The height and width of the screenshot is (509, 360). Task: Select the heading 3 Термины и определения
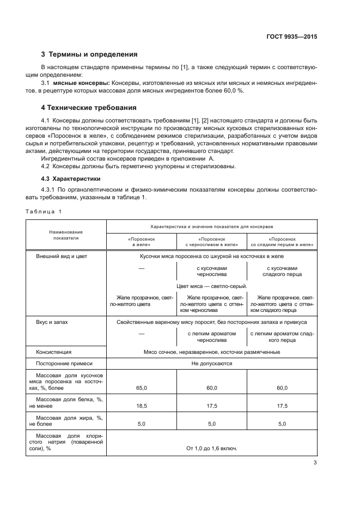tap(89, 54)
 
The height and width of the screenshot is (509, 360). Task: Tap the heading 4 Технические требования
tap(89, 107)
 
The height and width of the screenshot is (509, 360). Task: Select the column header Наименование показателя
tap(66, 235)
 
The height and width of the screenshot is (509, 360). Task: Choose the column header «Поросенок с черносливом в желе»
tap(211, 242)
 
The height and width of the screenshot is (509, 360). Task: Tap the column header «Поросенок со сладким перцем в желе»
tap(282, 242)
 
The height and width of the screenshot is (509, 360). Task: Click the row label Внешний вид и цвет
tap(62, 256)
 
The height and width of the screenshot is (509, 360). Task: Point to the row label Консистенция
tap(53, 352)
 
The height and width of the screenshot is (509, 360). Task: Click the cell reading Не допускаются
tap(211, 364)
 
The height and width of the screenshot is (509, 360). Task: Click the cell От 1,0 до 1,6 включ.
tap(211, 449)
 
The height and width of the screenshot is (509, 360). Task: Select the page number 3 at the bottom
tap(314, 463)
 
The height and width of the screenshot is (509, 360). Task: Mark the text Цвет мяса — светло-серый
tap(211, 286)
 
